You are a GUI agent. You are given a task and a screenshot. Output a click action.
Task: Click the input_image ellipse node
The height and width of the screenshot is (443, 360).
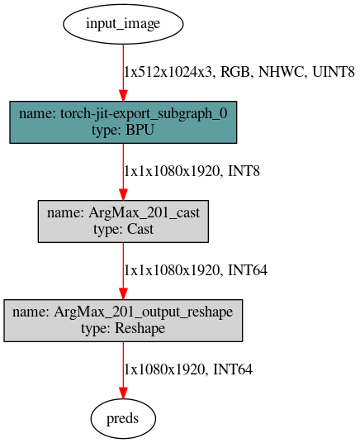pyautogui.click(x=123, y=24)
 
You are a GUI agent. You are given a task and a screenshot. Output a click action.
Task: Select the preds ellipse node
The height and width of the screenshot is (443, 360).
pyautogui.click(x=123, y=418)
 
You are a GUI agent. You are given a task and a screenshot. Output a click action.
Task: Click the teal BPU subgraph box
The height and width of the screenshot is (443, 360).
pyautogui.click(x=123, y=122)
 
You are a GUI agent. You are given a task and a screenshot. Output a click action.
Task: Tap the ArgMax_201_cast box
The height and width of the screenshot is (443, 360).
pyautogui.click(x=123, y=221)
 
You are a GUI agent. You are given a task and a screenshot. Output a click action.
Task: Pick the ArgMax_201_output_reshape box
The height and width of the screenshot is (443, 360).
pyautogui.click(x=123, y=321)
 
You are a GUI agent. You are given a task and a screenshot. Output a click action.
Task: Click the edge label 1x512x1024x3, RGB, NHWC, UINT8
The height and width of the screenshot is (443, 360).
pyautogui.click(x=239, y=72)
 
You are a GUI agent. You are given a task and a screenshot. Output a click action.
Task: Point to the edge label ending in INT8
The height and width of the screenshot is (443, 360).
pyautogui.click(x=192, y=171)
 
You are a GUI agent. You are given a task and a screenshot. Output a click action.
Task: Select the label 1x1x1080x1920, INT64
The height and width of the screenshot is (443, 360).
pyautogui.click(x=196, y=270)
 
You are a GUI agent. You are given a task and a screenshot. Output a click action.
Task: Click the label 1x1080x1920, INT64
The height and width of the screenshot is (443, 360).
pyautogui.click(x=188, y=369)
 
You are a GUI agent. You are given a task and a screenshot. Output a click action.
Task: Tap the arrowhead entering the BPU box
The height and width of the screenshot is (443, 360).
pyautogui.click(x=123, y=96)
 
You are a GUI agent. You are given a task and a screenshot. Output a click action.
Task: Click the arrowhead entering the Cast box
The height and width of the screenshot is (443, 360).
pyautogui.click(x=123, y=195)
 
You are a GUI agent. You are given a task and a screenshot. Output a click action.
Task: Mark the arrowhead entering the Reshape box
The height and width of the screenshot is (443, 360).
pyautogui.click(x=123, y=294)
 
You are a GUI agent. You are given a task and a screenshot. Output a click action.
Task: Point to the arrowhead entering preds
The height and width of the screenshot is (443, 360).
pyautogui.click(x=123, y=393)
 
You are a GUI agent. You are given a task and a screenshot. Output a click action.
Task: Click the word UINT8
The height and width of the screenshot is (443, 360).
pyautogui.click(x=334, y=72)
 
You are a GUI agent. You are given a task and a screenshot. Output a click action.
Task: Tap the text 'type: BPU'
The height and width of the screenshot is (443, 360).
pyautogui.click(x=123, y=130)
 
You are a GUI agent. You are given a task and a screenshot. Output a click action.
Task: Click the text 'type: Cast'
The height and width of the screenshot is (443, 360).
pyautogui.click(x=123, y=229)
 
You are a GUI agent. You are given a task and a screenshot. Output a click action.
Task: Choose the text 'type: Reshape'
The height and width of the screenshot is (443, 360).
pyautogui.click(x=123, y=328)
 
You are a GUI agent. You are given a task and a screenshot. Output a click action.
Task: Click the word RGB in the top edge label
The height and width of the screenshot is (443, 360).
pyautogui.click(x=235, y=72)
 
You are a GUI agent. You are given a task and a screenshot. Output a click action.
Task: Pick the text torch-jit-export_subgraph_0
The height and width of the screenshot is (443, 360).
pyautogui.click(x=144, y=113)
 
